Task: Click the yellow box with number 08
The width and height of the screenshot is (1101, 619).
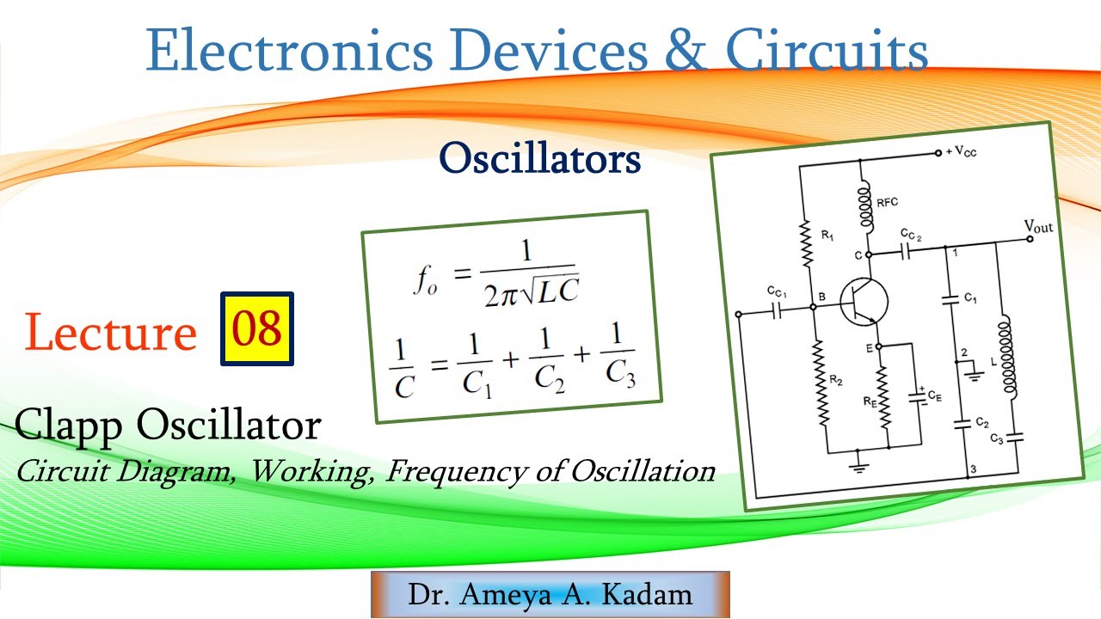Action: click(x=257, y=329)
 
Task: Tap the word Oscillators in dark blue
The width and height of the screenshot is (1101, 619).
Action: click(x=540, y=159)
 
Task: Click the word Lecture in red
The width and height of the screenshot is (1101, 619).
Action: click(x=111, y=333)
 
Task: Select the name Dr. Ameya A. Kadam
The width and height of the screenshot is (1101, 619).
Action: click(x=550, y=595)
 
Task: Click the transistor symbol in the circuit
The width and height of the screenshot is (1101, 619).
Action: click(x=862, y=303)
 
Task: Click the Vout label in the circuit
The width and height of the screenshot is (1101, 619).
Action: click(x=1038, y=227)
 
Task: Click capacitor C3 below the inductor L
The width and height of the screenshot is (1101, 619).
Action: click(x=1016, y=437)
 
